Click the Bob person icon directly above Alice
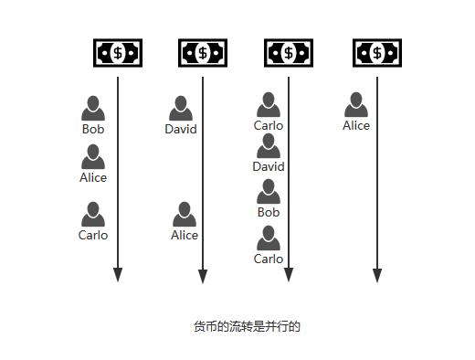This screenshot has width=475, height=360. click(x=93, y=108)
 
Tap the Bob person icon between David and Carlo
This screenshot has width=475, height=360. click(x=269, y=191)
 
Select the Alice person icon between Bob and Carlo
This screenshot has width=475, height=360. click(x=93, y=157)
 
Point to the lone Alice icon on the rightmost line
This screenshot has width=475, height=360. click(x=356, y=105)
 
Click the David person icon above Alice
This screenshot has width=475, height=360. click(x=181, y=108)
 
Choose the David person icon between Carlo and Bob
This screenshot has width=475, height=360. click(x=269, y=146)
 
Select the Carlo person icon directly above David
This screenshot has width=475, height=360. click(x=269, y=104)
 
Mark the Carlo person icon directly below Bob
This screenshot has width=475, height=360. click(x=269, y=238)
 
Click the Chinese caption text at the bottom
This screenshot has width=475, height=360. click(x=247, y=326)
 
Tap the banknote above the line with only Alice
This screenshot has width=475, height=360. click(x=377, y=53)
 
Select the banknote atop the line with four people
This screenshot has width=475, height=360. click(x=289, y=53)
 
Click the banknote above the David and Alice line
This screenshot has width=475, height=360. click(x=203, y=53)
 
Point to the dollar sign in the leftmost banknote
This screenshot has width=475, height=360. click(x=118, y=53)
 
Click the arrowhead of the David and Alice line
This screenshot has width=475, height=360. click(x=203, y=275)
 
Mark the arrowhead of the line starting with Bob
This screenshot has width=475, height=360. click(x=118, y=275)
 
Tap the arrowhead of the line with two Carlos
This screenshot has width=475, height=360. click(x=289, y=275)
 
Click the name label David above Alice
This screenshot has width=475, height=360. click(x=181, y=129)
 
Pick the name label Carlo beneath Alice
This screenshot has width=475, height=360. click(x=93, y=235)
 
